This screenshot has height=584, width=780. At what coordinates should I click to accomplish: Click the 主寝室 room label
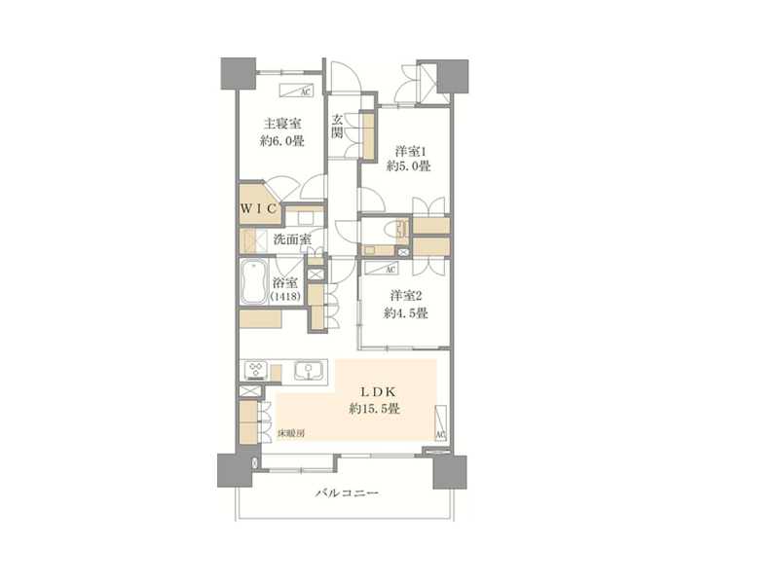pos(282,124)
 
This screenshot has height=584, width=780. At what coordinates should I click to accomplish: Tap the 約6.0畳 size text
pos(282,141)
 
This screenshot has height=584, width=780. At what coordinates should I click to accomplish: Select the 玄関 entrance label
pos(337,127)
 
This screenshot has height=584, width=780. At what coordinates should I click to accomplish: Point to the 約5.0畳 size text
pos(408,166)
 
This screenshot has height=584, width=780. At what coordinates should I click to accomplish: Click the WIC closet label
pos(258,208)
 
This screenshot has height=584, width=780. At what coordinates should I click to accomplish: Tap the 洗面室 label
pos(292,239)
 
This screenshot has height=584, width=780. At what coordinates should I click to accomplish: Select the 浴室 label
pos(285,283)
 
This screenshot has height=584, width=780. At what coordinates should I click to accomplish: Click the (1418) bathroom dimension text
pos(285,297)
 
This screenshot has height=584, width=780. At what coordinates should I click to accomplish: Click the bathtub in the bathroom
pos(254,281)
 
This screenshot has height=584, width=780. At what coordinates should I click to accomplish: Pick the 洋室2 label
pos(406,296)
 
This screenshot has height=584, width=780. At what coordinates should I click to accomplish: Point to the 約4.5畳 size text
pos(406,313)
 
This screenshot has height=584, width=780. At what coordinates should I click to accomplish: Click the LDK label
pos(377,391)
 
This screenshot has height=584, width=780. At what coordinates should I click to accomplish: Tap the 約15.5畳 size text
pos(375,409)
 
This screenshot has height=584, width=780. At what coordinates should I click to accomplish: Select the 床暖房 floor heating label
pos(290,433)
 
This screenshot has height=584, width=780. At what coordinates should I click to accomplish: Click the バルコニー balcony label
pos(348,493)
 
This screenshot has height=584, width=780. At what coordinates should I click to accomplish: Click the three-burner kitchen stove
pos(256,370)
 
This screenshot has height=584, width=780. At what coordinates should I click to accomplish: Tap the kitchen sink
pos(309,371)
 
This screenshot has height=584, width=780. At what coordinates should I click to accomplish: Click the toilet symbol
pos(399,230)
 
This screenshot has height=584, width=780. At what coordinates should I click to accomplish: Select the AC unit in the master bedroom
pos(296,91)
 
